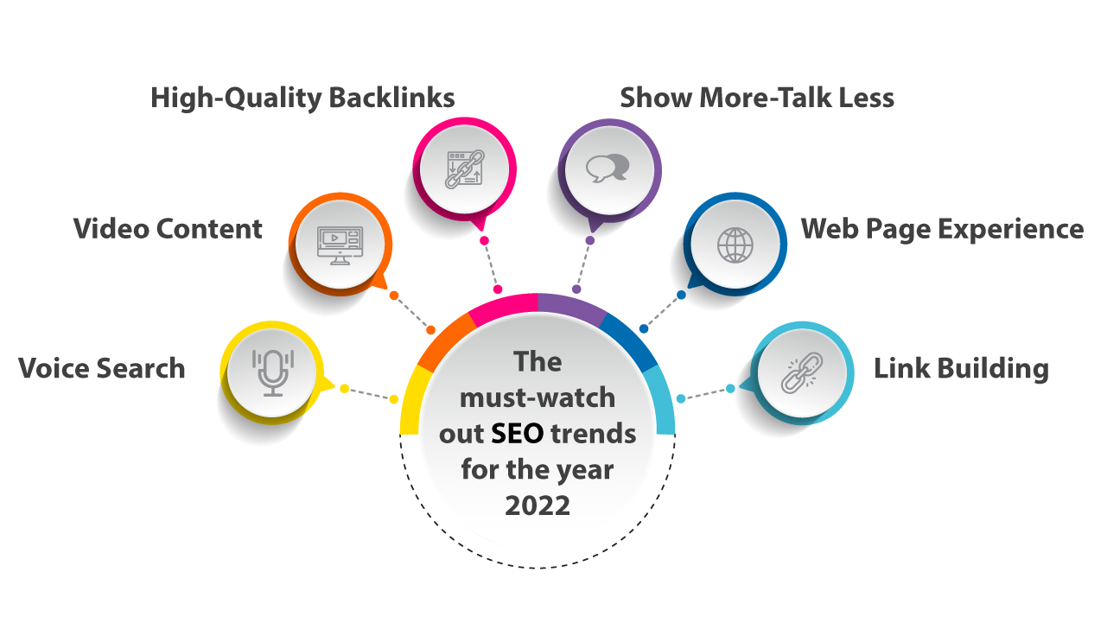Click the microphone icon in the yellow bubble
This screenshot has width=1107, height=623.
(x=273, y=373)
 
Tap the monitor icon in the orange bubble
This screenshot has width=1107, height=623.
(x=340, y=245)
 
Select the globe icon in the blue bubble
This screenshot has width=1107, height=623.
(x=735, y=245)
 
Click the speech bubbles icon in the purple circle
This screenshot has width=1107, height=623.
(x=608, y=168)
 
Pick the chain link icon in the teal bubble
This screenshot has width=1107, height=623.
(x=802, y=372)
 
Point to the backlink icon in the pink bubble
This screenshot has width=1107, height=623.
(x=465, y=169)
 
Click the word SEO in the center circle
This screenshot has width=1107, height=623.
(x=518, y=433)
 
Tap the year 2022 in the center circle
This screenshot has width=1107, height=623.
(x=538, y=505)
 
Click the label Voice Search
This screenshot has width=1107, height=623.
(x=102, y=368)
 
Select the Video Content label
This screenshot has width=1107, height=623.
(x=168, y=229)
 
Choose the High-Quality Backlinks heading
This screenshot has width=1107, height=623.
(x=302, y=98)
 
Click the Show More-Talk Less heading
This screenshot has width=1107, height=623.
(x=757, y=98)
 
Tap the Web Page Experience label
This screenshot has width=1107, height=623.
(x=943, y=229)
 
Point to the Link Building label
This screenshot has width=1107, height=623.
(x=961, y=369)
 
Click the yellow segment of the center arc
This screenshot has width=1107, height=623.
(x=411, y=400)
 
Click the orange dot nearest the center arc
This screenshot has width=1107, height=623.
(x=431, y=330)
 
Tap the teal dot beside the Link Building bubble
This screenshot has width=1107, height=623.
(x=730, y=389)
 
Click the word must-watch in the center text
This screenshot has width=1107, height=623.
(x=538, y=397)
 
